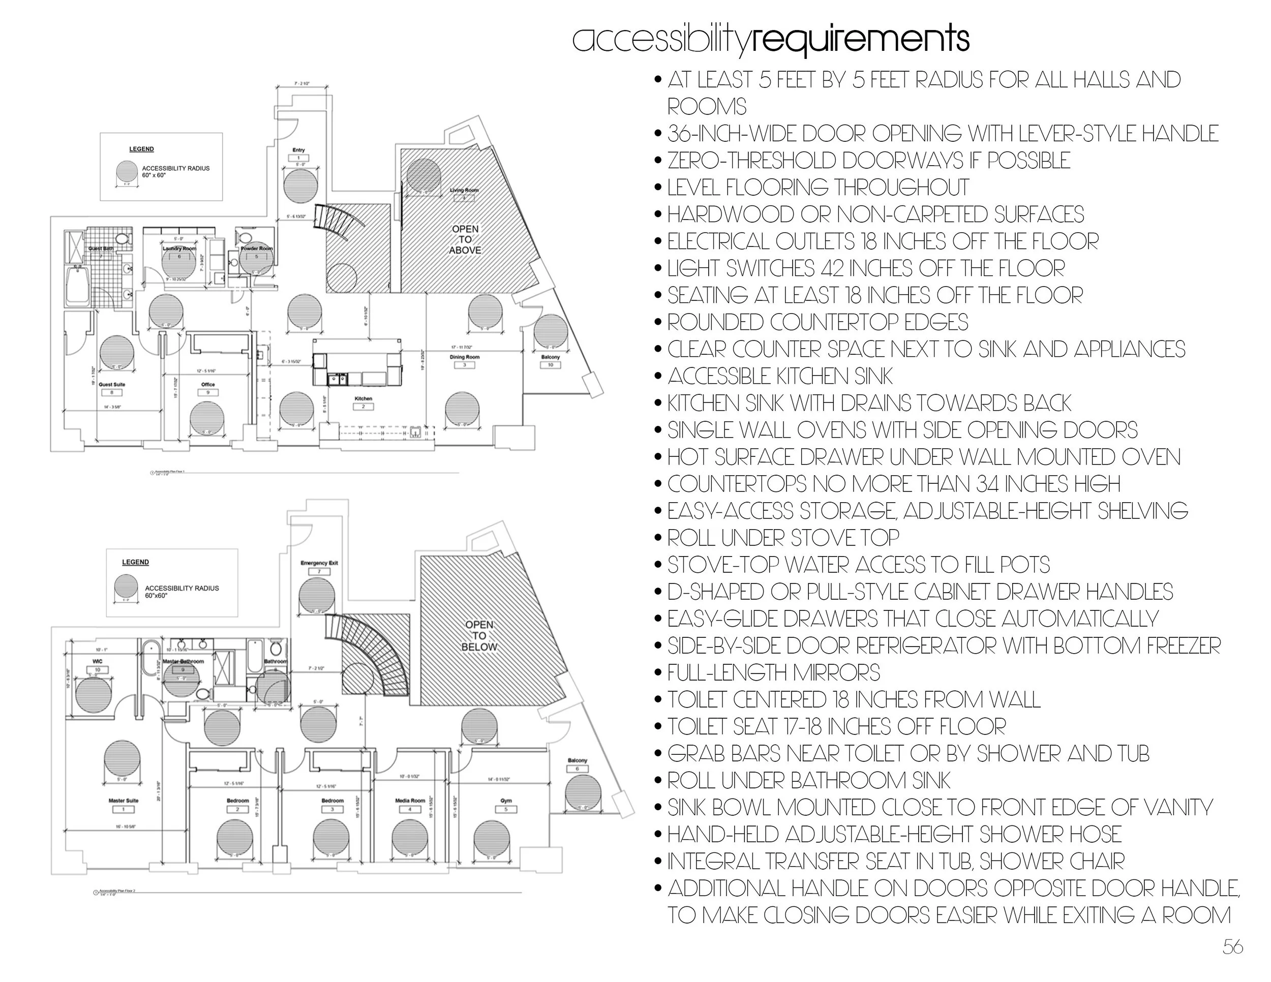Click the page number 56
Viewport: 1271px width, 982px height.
click(x=1232, y=946)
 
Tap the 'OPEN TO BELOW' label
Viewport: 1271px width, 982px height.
click(x=479, y=635)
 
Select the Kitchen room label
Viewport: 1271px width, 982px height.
click(x=363, y=399)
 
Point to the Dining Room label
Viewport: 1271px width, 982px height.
click(x=464, y=357)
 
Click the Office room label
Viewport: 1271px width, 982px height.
click(x=208, y=385)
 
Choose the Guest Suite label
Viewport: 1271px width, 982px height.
click(x=112, y=385)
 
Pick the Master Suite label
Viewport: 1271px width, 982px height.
click(x=124, y=801)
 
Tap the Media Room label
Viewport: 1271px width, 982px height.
click(x=410, y=801)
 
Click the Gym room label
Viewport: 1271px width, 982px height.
click(x=506, y=801)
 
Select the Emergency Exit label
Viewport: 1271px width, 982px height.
click(x=319, y=563)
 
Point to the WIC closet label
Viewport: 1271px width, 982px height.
click(x=97, y=661)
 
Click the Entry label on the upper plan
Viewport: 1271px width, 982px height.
click(x=299, y=150)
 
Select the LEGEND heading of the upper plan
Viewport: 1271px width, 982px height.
click(x=141, y=149)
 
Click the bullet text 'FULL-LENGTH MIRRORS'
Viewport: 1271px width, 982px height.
click(x=773, y=672)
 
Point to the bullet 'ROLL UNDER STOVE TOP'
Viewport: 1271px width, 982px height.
click(x=783, y=538)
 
